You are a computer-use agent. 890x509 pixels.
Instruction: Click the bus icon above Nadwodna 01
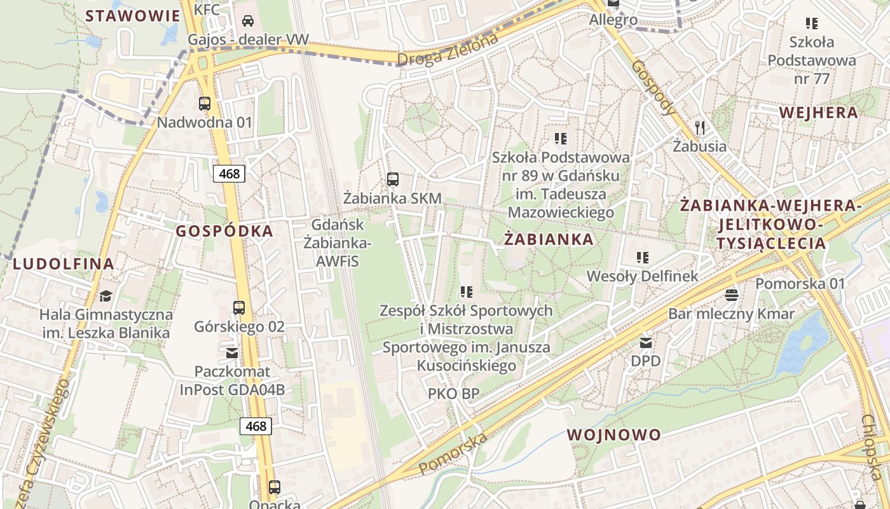[x=205, y=104]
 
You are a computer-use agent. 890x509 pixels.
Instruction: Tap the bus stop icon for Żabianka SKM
[x=393, y=179]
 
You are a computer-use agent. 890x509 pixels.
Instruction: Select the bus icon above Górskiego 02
[x=239, y=308]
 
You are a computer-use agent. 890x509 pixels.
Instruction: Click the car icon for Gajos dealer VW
[x=248, y=21]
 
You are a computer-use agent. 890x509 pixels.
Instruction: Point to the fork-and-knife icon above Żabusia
[x=700, y=128]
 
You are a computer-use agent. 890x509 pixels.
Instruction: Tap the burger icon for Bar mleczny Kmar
[x=731, y=295]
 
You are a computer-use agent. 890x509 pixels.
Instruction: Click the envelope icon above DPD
[x=646, y=343]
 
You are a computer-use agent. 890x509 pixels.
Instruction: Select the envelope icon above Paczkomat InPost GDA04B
[x=232, y=352]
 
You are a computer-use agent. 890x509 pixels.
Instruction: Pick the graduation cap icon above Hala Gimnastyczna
[x=106, y=296]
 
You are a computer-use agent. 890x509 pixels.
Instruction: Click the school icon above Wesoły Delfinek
[x=643, y=258]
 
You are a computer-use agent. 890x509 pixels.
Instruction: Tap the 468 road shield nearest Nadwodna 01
[x=229, y=173]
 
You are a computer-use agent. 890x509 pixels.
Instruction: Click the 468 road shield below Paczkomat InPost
[x=256, y=426]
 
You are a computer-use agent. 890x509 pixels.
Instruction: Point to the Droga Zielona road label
[x=448, y=50]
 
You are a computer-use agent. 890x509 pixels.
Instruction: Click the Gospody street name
[x=654, y=88]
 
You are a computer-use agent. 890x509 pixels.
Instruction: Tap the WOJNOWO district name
[x=613, y=435]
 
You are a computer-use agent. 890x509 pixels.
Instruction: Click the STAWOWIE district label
[x=133, y=16]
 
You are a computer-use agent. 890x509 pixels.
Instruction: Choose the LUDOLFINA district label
[x=64, y=263]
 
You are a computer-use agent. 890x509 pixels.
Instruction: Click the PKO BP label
[x=453, y=394]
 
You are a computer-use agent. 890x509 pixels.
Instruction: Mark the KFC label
[x=207, y=9]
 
